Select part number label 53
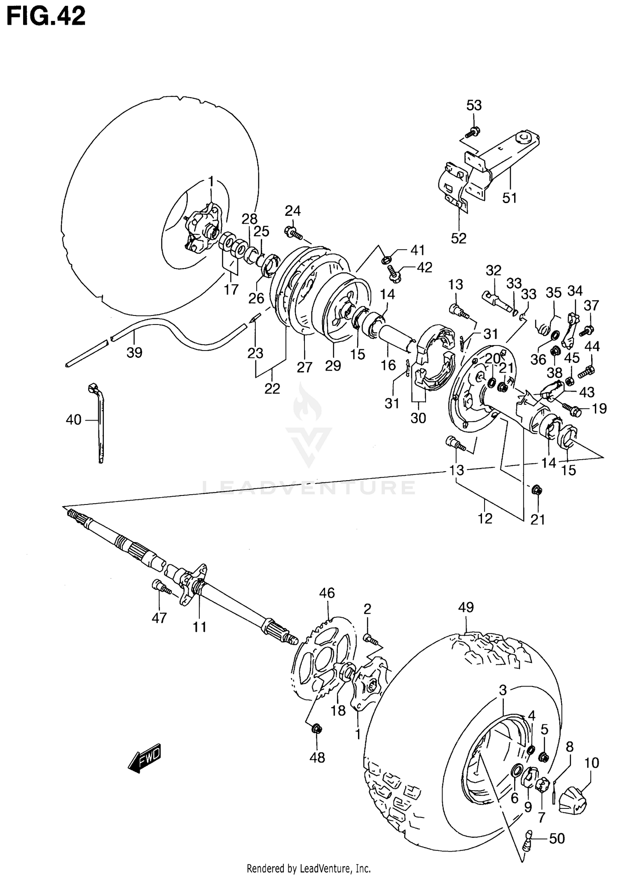click(x=474, y=105)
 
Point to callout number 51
click(x=510, y=198)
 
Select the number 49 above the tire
click(x=466, y=607)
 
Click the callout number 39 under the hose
click(x=134, y=353)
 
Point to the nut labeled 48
click(x=316, y=729)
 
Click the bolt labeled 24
click(x=293, y=233)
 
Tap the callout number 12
click(x=485, y=519)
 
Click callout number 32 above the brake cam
click(x=493, y=271)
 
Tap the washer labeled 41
click(x=386, y=260)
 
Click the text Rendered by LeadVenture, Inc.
click(x=309, y=869)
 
